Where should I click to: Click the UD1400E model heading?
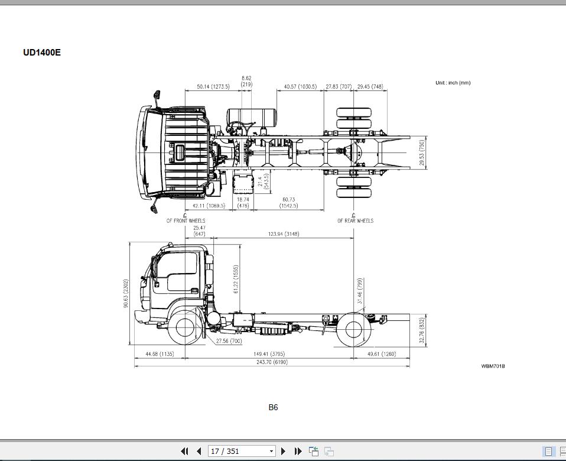point(42,53)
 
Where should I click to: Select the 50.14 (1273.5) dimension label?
point(213,87)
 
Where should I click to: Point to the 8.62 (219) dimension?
point(246,81)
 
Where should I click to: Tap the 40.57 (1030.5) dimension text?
point(300,87)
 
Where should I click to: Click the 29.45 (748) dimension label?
point(370,87)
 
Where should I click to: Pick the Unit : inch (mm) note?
point(453,83)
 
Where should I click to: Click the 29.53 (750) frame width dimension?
point(422,152)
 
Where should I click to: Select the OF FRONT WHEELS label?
point(186,221)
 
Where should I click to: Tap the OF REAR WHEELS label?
point(355,221)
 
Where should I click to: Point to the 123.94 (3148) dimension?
point(284,234)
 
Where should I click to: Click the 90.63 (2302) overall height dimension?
point(126,293)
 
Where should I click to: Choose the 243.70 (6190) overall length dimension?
point(272,362)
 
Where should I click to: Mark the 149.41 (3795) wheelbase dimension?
point(269,354)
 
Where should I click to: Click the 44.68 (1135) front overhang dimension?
point(159,354)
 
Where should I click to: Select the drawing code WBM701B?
point(493,366)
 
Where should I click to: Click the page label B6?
point(273,407)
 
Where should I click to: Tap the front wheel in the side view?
point(186,329)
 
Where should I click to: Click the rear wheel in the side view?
point(353,329)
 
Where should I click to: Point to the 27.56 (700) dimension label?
point(229,341)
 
